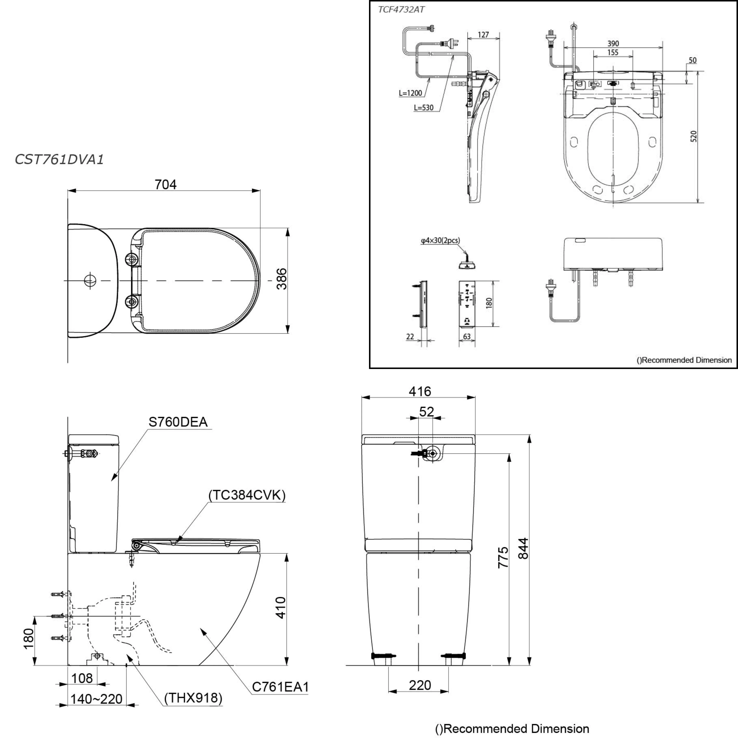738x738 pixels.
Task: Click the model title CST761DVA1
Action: point(59,159)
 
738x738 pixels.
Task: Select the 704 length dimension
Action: point(165,184)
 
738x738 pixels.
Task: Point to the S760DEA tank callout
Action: point(178,422)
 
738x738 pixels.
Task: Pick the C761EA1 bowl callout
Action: point(280,687)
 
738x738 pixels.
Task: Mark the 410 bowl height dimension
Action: point(281,607)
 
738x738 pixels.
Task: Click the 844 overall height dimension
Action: point(523,548)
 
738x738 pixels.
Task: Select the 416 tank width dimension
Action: point(420,391)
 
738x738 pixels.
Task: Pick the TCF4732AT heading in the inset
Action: point(401,10)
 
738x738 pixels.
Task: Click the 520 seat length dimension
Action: point(694,136)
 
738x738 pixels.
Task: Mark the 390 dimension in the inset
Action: point(613,44)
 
